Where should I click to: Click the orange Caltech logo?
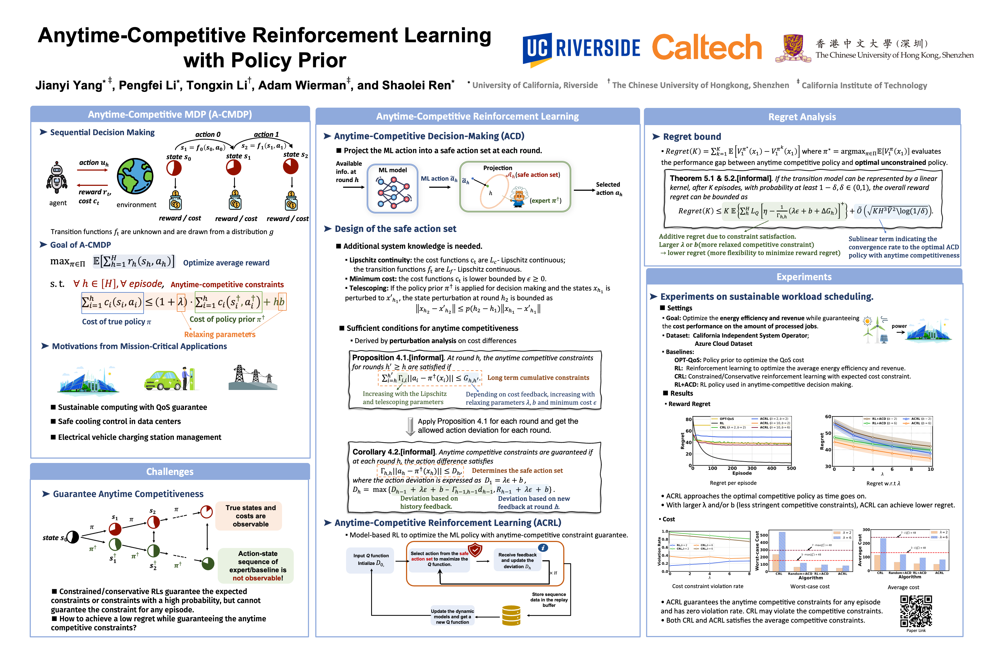click(707, 47)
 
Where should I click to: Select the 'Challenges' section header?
click(170, 472)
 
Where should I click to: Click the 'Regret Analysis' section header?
click(802, 117)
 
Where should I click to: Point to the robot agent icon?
click(57, 178)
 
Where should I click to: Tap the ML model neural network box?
click(392, 189)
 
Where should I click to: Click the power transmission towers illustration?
click(253, 378)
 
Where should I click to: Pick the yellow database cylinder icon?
click(511, 616)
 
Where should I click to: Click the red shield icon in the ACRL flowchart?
click(475, 550)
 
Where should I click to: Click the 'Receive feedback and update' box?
click(517, 560)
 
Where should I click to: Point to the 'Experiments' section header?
click(804, 277)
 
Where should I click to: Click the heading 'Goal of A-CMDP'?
click(80, 245)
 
